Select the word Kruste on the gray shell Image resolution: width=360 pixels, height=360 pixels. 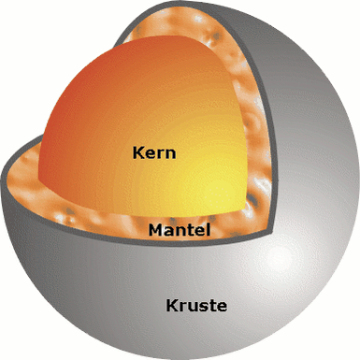click(195, 305)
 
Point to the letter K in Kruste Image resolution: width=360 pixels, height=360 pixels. click(171, 305)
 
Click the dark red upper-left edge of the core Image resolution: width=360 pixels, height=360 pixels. click(56, 112)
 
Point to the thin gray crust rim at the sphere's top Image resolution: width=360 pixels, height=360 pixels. click(187, 7)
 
